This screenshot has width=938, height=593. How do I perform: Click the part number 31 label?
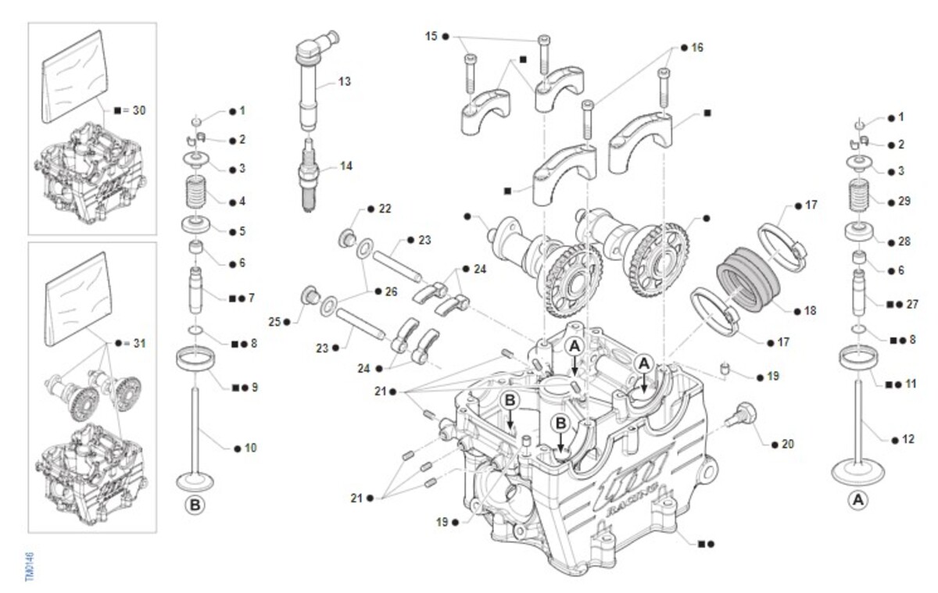(x=138, y=343)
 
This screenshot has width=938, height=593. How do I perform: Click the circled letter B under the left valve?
(x=195, y=505)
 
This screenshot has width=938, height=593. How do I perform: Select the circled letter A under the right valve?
(x=857, y=499)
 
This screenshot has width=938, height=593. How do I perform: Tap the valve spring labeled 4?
(x=197, y=193)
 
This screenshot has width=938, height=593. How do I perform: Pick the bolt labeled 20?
(x=741, y=416)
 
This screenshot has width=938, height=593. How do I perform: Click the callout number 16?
(x=697, y=48)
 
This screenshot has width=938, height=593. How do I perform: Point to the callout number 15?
(x=431, y=36)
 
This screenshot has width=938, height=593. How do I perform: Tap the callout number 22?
(x=385, y=209)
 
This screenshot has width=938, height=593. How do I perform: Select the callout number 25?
(x=274, y=321)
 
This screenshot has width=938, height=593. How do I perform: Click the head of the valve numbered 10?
(x=195, y=478)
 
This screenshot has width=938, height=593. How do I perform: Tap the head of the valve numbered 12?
(x=858, y=471)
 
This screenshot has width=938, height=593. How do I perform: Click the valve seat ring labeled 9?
(x=195, y=361)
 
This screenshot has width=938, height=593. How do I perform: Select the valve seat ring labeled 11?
(x=858, y=358)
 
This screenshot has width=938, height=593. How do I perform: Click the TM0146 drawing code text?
(x=30, y=566)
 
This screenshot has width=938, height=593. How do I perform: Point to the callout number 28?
(x=904, y=242)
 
